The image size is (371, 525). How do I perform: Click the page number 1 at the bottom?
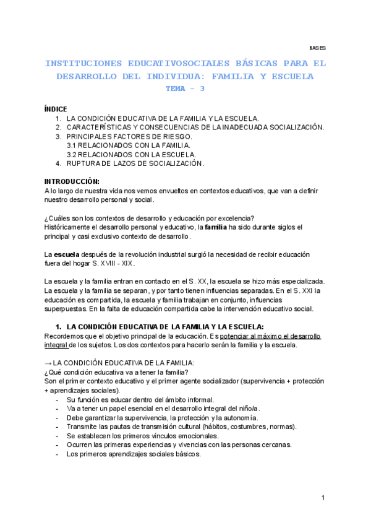tap(323, 498)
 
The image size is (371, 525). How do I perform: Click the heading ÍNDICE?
tap(56, 109)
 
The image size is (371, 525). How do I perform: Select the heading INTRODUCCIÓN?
tap(72, 181)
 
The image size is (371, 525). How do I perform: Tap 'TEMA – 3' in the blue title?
tap(185, 89)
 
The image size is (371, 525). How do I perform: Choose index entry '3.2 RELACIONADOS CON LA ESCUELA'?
tap(123, 154)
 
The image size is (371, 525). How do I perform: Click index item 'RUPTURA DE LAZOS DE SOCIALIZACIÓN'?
tap(135, 163)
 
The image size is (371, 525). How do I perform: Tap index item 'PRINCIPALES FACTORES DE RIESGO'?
tap(129, 136)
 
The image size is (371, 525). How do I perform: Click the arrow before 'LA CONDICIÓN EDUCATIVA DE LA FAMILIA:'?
tap(48, 363)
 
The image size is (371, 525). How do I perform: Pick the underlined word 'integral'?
tap(56, 345)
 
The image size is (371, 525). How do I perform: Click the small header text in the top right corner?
tap(317, 48)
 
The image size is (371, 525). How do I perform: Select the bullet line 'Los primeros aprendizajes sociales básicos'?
tap(134, 454)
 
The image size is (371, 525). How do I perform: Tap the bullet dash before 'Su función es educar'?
tap(58, 400)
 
